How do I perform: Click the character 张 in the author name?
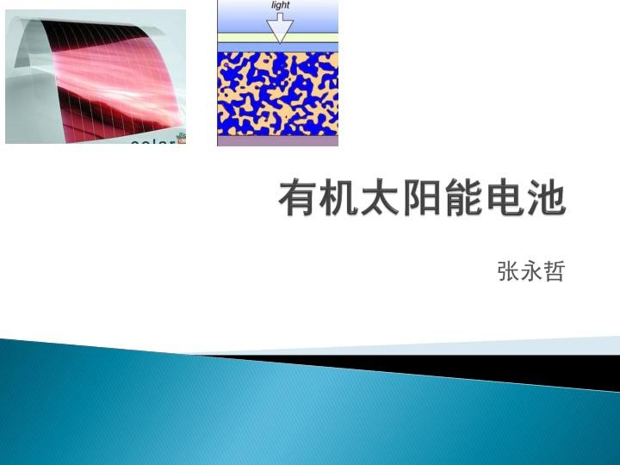(x=508, y=272)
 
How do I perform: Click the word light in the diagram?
(x=280, y=5)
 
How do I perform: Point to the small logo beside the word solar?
(x=180, y=138)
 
